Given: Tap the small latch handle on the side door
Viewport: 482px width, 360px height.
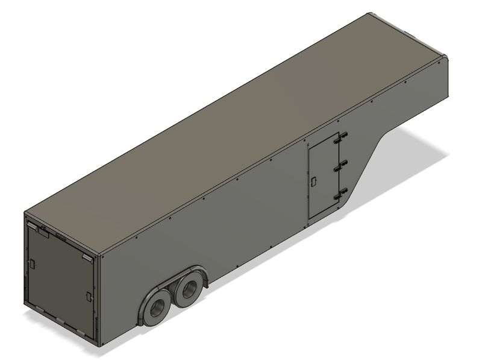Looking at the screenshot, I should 315,180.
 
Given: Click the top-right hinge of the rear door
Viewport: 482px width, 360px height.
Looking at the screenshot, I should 87,257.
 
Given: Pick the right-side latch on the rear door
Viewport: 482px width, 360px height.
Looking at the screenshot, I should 89,295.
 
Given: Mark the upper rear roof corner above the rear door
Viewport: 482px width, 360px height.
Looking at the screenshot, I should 27,213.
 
